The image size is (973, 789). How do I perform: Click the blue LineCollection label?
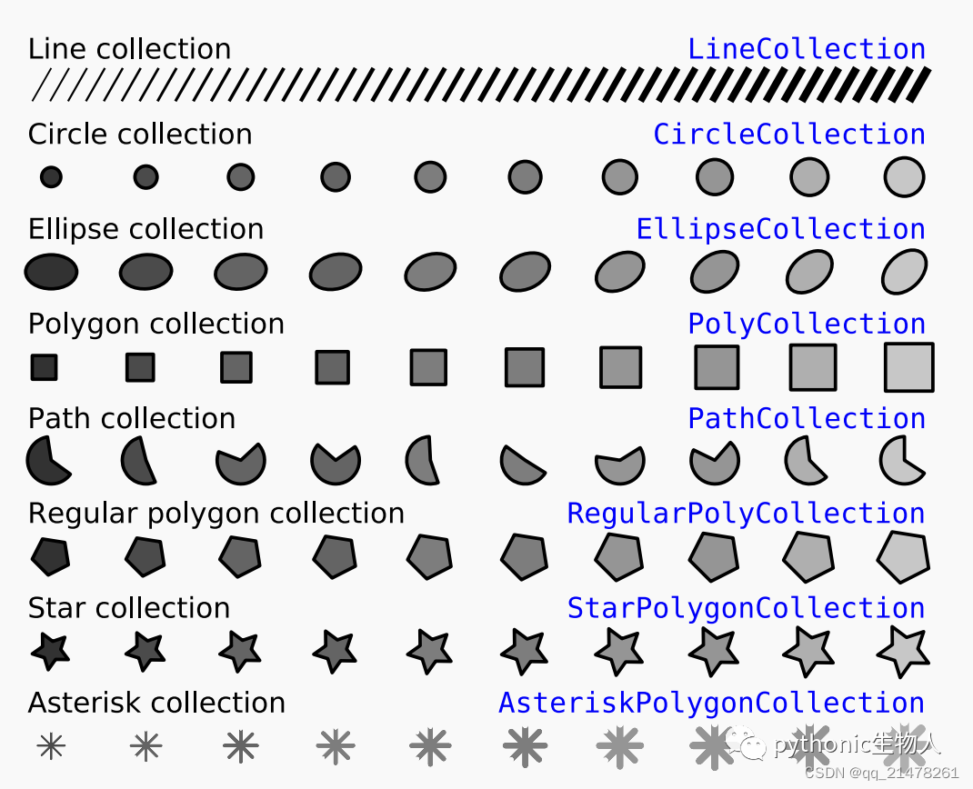[807, 49]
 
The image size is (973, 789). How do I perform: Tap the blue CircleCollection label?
[789, 134]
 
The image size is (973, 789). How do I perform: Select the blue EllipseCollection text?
[780, 229]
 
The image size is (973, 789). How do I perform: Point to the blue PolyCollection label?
[807, 325]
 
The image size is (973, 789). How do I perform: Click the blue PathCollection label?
[807, 419]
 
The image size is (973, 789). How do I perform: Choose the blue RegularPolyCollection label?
[746, 514]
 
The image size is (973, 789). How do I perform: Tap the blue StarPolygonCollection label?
[746, 608]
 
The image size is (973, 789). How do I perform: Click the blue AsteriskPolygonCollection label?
[712, 704]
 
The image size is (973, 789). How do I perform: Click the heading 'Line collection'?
[130, 49]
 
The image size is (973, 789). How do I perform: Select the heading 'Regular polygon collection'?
[216, 514]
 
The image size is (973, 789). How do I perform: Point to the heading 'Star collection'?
[129, 608]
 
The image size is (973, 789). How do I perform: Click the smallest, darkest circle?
[51, 176]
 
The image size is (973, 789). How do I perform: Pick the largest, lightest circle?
[904, 176]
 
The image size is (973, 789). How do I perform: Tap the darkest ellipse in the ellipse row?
[51, 272]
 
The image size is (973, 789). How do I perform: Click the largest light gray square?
[909, 367]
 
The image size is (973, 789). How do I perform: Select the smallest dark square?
[44, 367]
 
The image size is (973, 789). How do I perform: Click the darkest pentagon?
[50, 556]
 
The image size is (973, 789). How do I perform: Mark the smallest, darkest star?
[50, 651]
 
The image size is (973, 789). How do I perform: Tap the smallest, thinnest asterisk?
[51, 745]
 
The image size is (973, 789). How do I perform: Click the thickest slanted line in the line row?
[918, 85]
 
